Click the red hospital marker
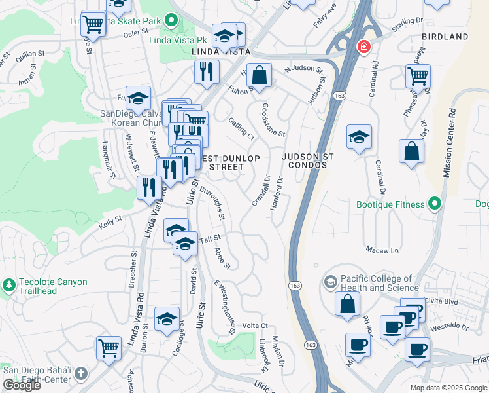click(x=363, y=48)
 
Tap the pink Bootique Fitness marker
click(x=434, y=204)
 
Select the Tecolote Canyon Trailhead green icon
click(x=9, y=286)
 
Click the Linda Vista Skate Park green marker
click(x=172, y=21)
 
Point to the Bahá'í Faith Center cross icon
click(x=80, y=374)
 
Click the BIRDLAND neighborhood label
click(x=445, y=37)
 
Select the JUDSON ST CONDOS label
click(x=308, y=162)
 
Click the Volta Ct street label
click(x=255, y=326)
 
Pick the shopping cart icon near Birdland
click(x=418, y=75)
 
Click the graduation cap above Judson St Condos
click(x=359, y=137)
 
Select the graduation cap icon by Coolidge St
click(x=167, y=319)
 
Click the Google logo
click(x=22, y=385)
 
